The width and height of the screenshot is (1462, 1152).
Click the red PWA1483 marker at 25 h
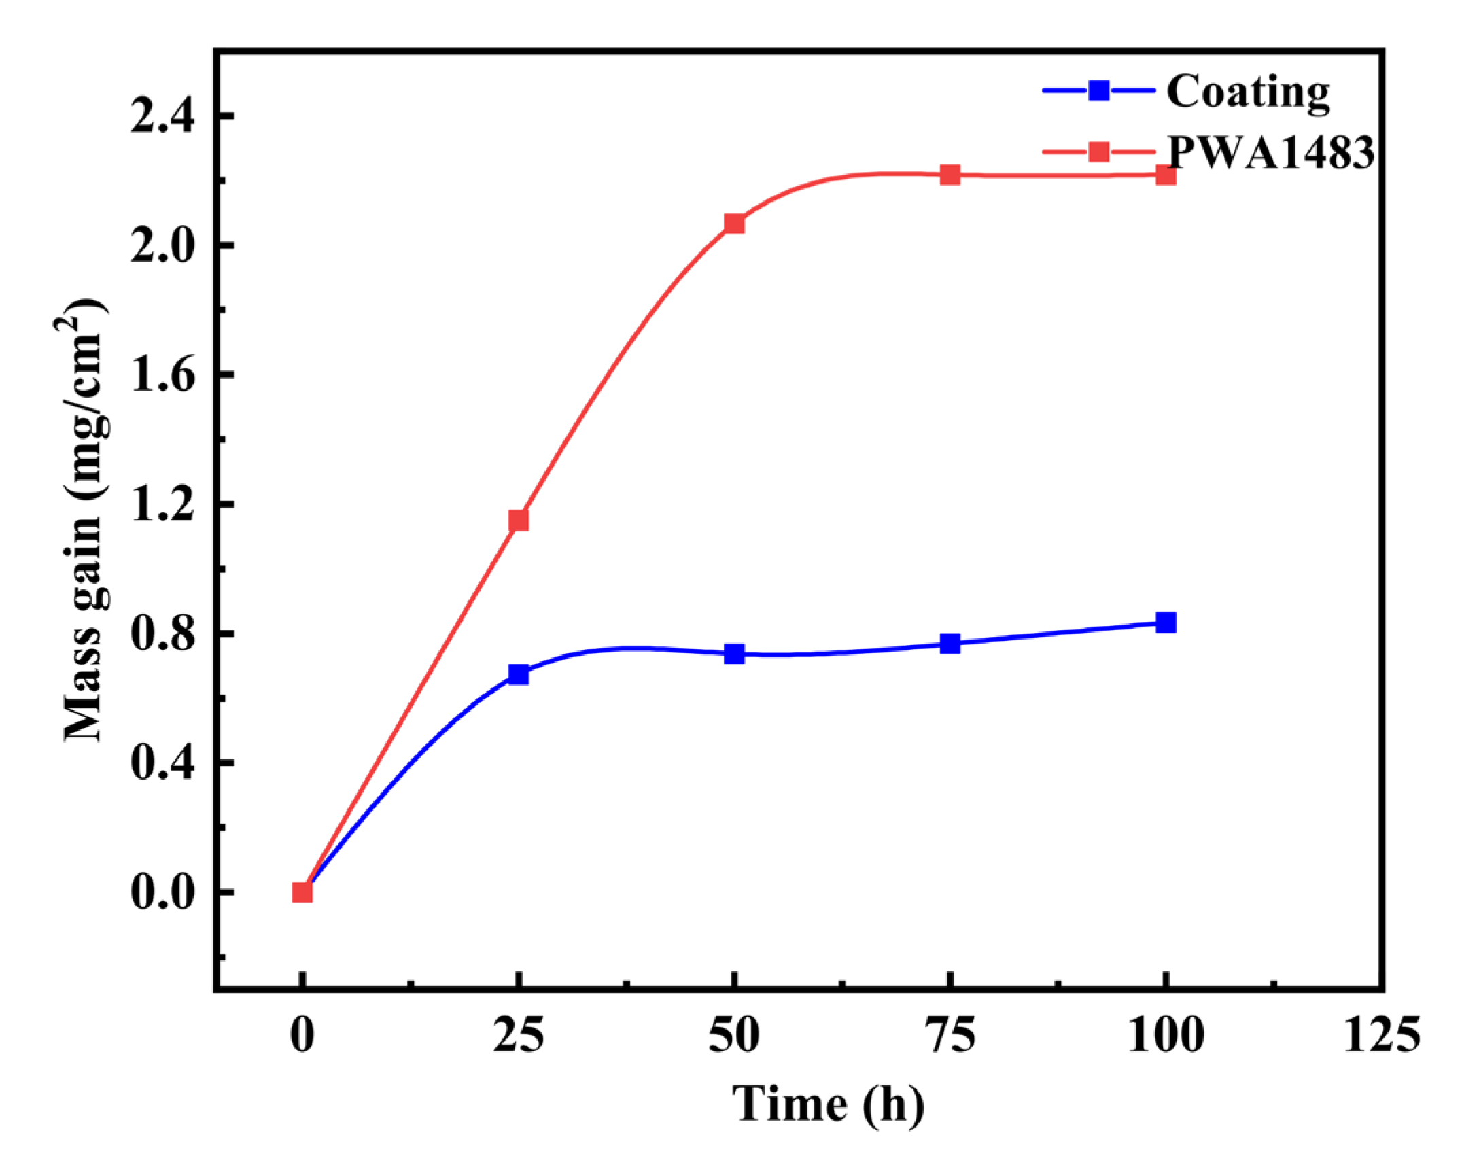pyautogui.click(x=518, y=521)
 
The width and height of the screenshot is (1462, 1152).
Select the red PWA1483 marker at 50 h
pyautogui.click(x=734, y=224)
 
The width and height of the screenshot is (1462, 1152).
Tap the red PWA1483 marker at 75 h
pyautogui.click(x=950, y=175)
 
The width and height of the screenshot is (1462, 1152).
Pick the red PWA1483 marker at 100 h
pyautogui.click(x=1166, y=175)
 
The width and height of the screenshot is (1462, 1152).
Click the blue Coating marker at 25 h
pyautogui.click(x=518, y=675)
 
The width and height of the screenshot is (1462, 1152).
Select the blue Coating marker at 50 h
pyautogui.click(x=734, y=654)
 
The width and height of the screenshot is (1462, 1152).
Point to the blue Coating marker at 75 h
pyautogui.click(x=950, y=644)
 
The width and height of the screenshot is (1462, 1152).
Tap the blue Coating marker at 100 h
pyautogui.click(x=1166, y=623)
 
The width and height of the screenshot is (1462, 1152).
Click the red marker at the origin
pyautogui.click(x=302, y=892)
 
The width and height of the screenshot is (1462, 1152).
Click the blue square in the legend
pyautogui.click(x=1098, y=90)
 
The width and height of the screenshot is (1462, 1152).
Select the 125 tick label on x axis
pyautogui.click(x=1381, y=1036)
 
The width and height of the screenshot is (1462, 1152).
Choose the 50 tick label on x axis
pyautogui.click(x=734, y=1036)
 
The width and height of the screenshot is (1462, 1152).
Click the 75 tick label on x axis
pyautogui.click(x=950, y=1036)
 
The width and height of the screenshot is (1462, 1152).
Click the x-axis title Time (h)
pyautogui.click(x=828, y=1104)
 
